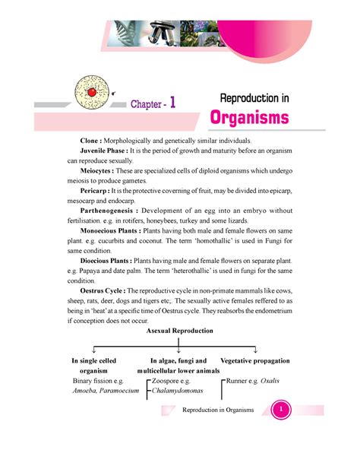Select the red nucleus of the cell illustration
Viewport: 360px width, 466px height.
pyautogui.click(x=91, y=91)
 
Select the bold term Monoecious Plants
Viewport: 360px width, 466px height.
pyautogui.click(x=122, y=236)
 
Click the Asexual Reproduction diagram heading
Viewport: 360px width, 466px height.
pyautogui.click(x=180, y=331)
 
